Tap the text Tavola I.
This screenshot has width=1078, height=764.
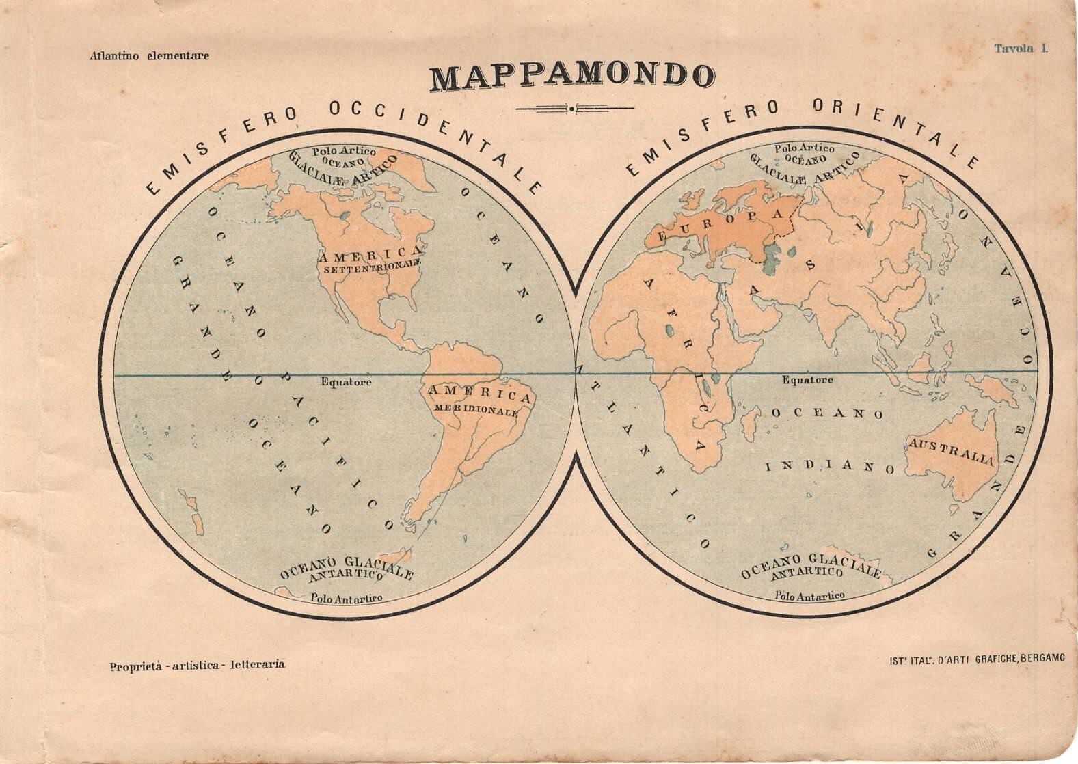tap(1021, 48)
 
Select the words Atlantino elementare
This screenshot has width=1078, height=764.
tap(149, 56)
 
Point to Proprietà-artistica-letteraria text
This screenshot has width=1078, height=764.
tap(196, 664)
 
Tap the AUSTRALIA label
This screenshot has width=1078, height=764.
tap(950, 452)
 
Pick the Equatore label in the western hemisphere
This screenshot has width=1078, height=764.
tap(347, 382)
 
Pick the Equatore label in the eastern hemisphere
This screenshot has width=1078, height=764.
tap(807, 380)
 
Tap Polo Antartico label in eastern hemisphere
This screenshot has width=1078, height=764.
tap(810, 595)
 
